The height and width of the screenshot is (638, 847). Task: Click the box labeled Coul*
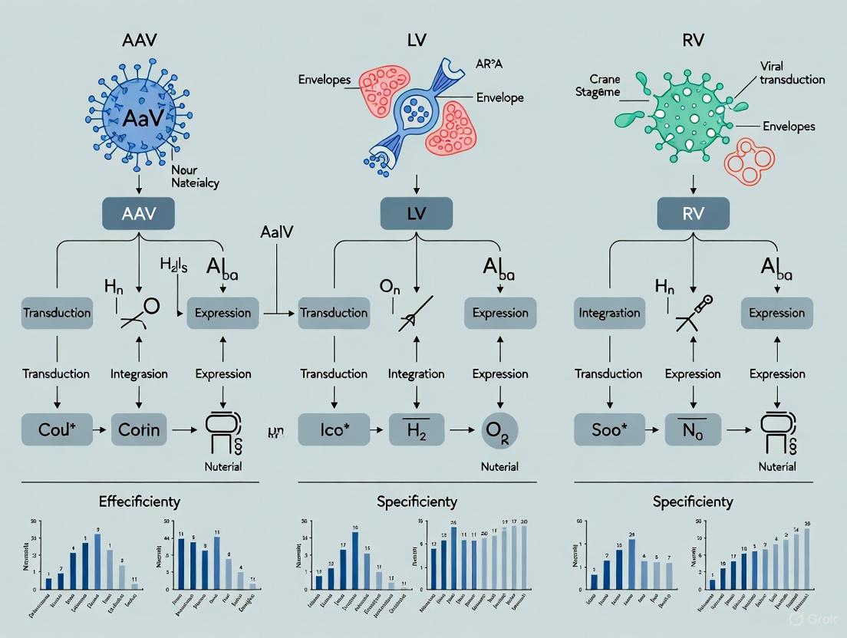(56, 429)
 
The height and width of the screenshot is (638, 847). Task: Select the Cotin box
(139, 429)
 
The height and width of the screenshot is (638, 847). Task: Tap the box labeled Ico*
(333, 429)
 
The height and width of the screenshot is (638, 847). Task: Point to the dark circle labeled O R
(499, 430)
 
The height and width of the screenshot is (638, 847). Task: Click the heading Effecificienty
(140, 502)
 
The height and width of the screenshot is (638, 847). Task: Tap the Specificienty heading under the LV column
(417, 502)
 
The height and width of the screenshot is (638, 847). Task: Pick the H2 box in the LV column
(416, 429)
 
